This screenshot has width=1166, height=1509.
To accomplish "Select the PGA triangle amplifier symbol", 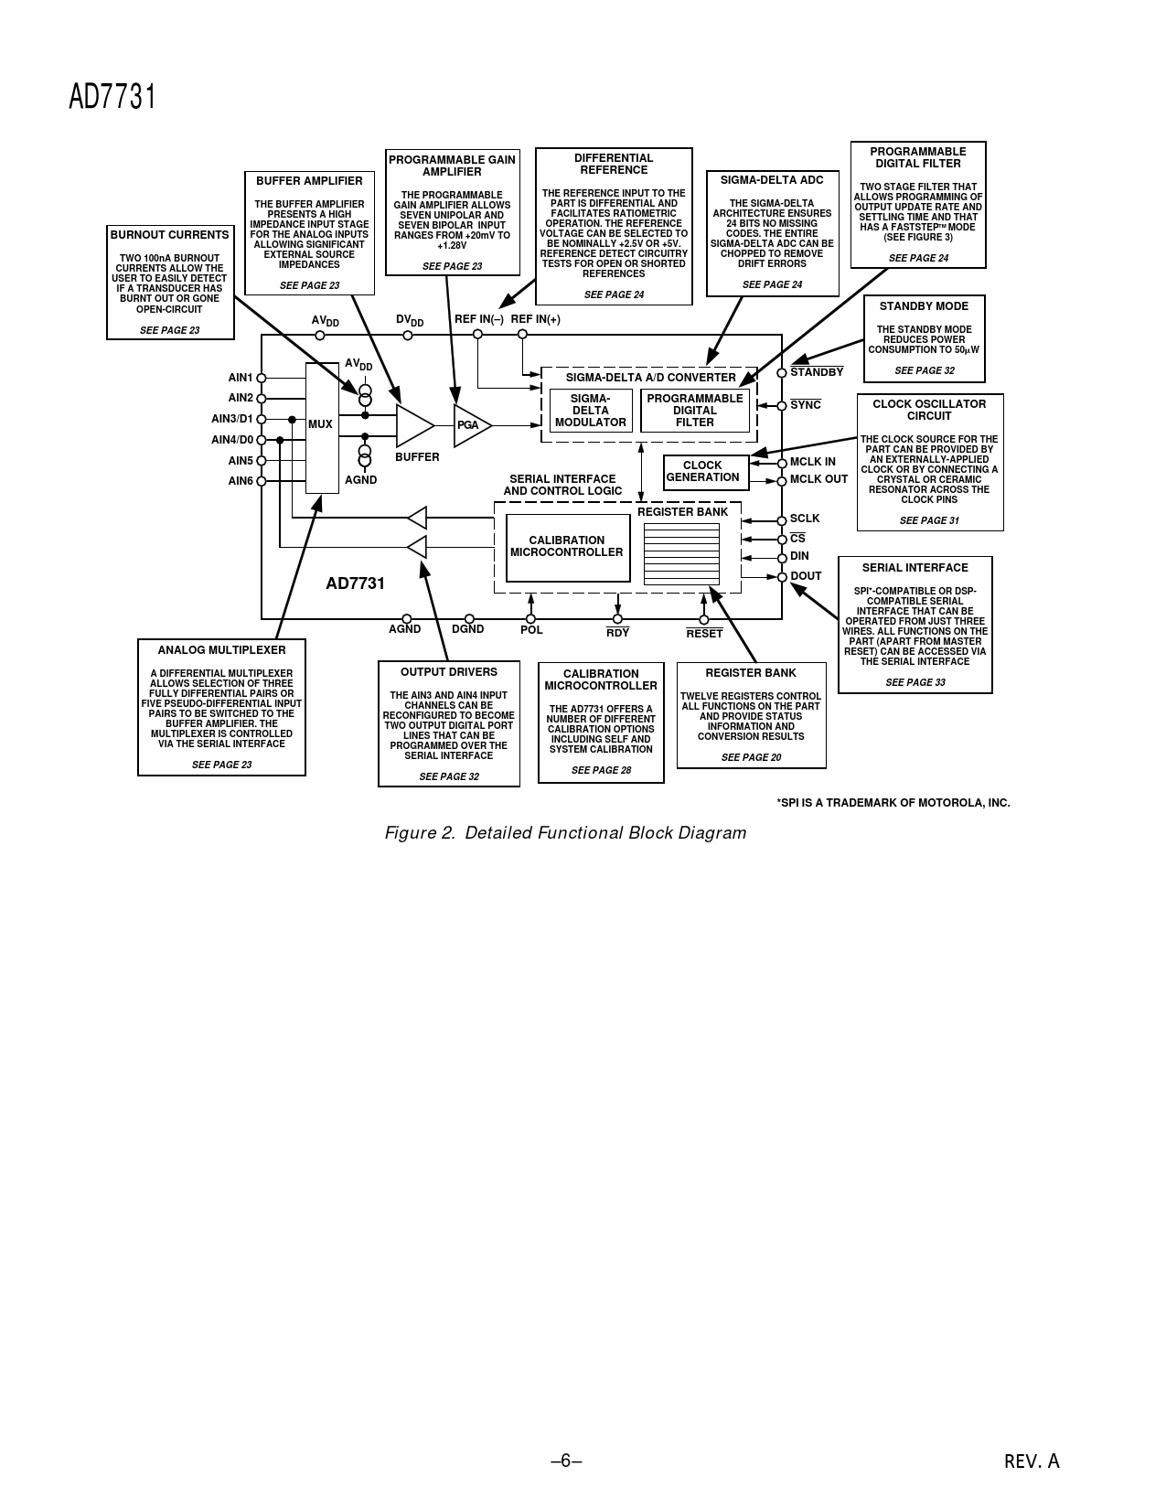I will [470, 425].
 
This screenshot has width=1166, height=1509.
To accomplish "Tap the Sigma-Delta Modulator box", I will [591, 411].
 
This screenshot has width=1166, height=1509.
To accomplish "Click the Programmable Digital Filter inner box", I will [695, 411].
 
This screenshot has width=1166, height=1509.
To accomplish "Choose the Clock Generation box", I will [704, 472].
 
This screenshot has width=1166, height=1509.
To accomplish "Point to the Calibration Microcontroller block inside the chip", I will [567, 547].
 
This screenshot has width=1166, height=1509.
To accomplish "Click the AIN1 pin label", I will [240, 378].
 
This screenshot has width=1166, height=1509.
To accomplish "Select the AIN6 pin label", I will [240, 481].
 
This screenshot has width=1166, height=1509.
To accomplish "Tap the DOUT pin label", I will [806, 576].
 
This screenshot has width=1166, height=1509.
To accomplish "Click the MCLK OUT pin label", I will [818, 479].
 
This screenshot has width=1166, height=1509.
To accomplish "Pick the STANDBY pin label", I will [817, 372].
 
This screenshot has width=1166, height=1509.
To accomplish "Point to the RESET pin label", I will [704, 634].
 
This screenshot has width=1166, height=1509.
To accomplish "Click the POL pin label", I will [531, 630].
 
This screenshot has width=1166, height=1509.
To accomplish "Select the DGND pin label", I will [468, 629].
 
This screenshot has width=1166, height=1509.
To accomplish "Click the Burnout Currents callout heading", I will [170, 235].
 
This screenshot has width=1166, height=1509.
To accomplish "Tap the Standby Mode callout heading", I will [924, 306].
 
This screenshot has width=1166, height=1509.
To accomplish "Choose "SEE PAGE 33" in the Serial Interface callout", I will [915, 682].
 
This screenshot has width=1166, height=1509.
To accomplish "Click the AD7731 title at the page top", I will [112, 97].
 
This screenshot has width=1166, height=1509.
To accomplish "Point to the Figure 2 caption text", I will [565, 833].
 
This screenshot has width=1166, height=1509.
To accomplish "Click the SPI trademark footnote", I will [893, 803].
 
